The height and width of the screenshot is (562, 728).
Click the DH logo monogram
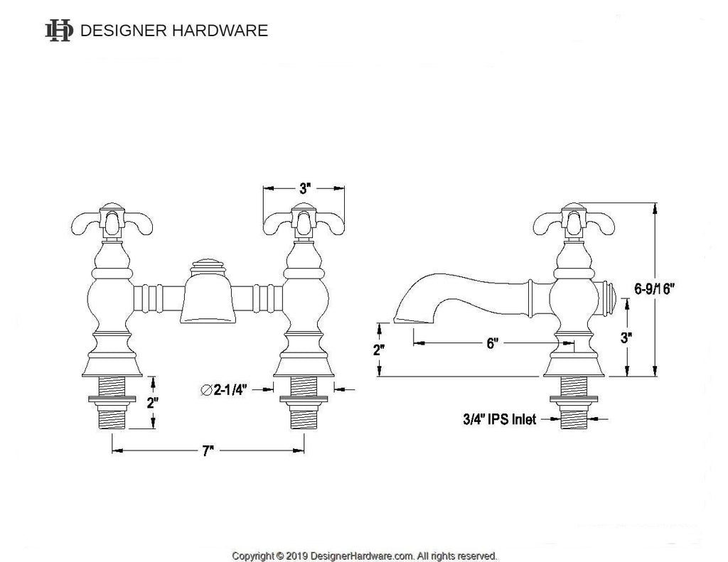point(58,31)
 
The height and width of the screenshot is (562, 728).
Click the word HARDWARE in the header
point(220,31)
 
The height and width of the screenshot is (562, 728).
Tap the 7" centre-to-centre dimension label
point(208,450)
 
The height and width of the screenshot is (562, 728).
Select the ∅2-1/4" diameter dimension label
point(224,390)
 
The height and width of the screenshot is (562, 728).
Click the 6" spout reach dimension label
point(492,343)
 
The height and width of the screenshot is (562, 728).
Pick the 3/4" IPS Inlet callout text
point(500,419)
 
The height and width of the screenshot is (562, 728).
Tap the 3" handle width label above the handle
point(304,188)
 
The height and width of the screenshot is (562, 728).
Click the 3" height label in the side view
point(627,338)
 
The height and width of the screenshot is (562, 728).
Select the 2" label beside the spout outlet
point(380,350)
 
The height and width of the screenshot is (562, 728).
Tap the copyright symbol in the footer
point(279,556)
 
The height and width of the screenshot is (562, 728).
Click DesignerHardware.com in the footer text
point(362,556)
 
